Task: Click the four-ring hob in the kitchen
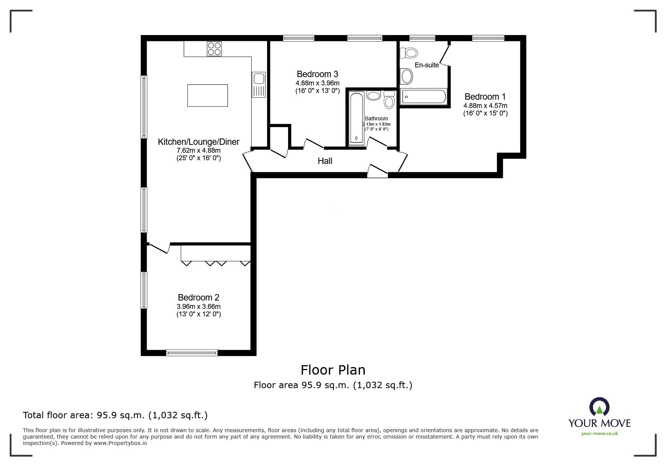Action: [x=214, y=49]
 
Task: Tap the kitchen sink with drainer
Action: [x=259, y=84]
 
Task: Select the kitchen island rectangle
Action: [x=208, y=96]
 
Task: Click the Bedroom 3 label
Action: [x=317, y=74]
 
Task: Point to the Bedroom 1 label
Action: [x=485, y=97]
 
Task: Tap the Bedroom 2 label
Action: [x=199, y=298]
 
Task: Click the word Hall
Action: [x=325, y=161]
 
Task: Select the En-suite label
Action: [x=426, y=65]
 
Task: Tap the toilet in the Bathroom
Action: [x=389, y=100]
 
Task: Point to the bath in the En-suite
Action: [x=423, y=97]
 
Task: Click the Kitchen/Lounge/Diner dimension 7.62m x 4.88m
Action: [x=199, y=150]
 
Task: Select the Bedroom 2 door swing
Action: [x=159, y=248]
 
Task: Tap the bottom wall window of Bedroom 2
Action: [x=192, y=353]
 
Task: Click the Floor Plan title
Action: [x=333, y=370]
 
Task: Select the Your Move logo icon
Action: [x=599, y=407]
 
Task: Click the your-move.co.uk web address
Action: [x=599, y=434]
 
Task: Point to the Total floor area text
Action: [x=115, y=415]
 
